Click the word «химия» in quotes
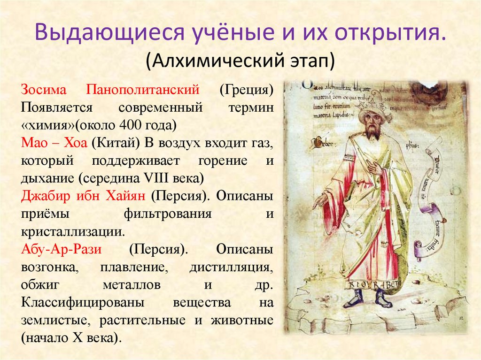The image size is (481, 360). [47, 125]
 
